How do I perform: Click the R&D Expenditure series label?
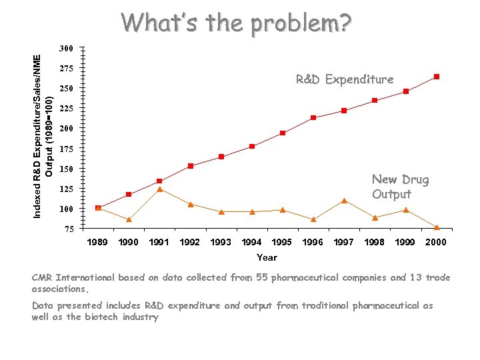pyautogui.click(x=345, y=79)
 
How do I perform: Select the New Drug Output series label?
pyautogui.click(x=400, y=187)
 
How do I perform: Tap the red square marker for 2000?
pyautogui.click(x=437, y=77)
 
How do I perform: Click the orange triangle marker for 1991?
pyautogui.click(x=160, y=189)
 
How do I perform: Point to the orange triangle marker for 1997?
pyautogui.click(x=344, y=201)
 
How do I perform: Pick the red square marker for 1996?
pyautogui.click(x=313, y=118)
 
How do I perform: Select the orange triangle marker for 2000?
pyautogui.click(x=437, y=227)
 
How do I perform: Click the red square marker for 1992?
pyautogui.click(x=191, y=166)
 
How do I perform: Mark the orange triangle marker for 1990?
pyautogui.click(x=129, y=219)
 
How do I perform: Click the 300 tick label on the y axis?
pyautogui.click(x=66, y=49)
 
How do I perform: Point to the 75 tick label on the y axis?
pyautogui.click(x=68, y=229)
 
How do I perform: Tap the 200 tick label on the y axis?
pyautogui.click(x=66, y=129)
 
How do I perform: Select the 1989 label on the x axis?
pyautogui.click(x=98, y=243)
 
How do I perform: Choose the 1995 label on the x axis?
pyautogui.click(x=282, y=243)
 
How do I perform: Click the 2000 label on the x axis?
pyautogui.click(x=436, y=243)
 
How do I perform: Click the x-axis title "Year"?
pyautogui.click(x=267, y=257)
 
